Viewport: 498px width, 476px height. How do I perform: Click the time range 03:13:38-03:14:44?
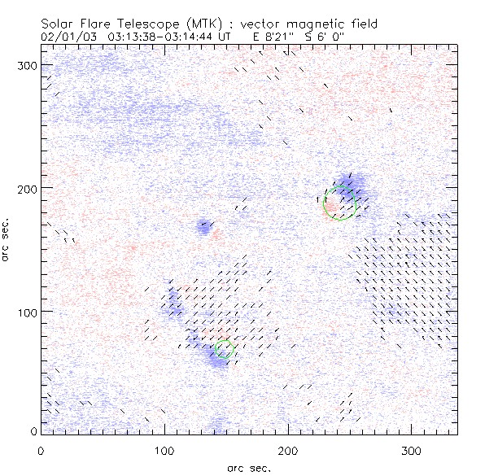click(x=164, y=37)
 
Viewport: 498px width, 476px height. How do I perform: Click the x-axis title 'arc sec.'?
click(x=248, y=468)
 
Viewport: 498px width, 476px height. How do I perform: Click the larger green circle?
click(x=340, y=203)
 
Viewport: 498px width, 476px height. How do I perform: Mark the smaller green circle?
click(x=225, y=349)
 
